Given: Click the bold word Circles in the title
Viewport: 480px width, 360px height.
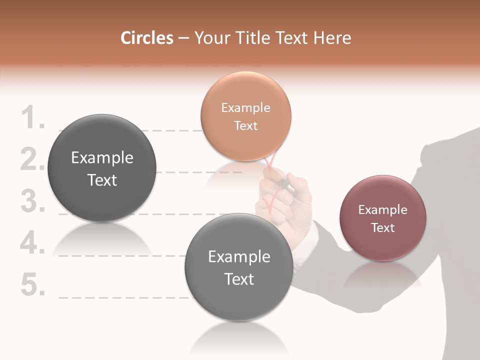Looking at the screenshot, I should pyautogui.click(x=146, y=38).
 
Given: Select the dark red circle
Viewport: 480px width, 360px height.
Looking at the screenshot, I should pyautogui.click(x=383, y=218).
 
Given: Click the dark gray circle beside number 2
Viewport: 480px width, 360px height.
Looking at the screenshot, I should pyautogui.click(x=102, y=168).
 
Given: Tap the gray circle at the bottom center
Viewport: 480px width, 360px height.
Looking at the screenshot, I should pyautogui.click(x=239, y=267).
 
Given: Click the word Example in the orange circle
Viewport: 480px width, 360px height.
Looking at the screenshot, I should pyautogui.click(x=245, y=107).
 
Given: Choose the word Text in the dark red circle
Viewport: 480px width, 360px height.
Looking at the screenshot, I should pyautogui.click(x=383, y=228).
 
